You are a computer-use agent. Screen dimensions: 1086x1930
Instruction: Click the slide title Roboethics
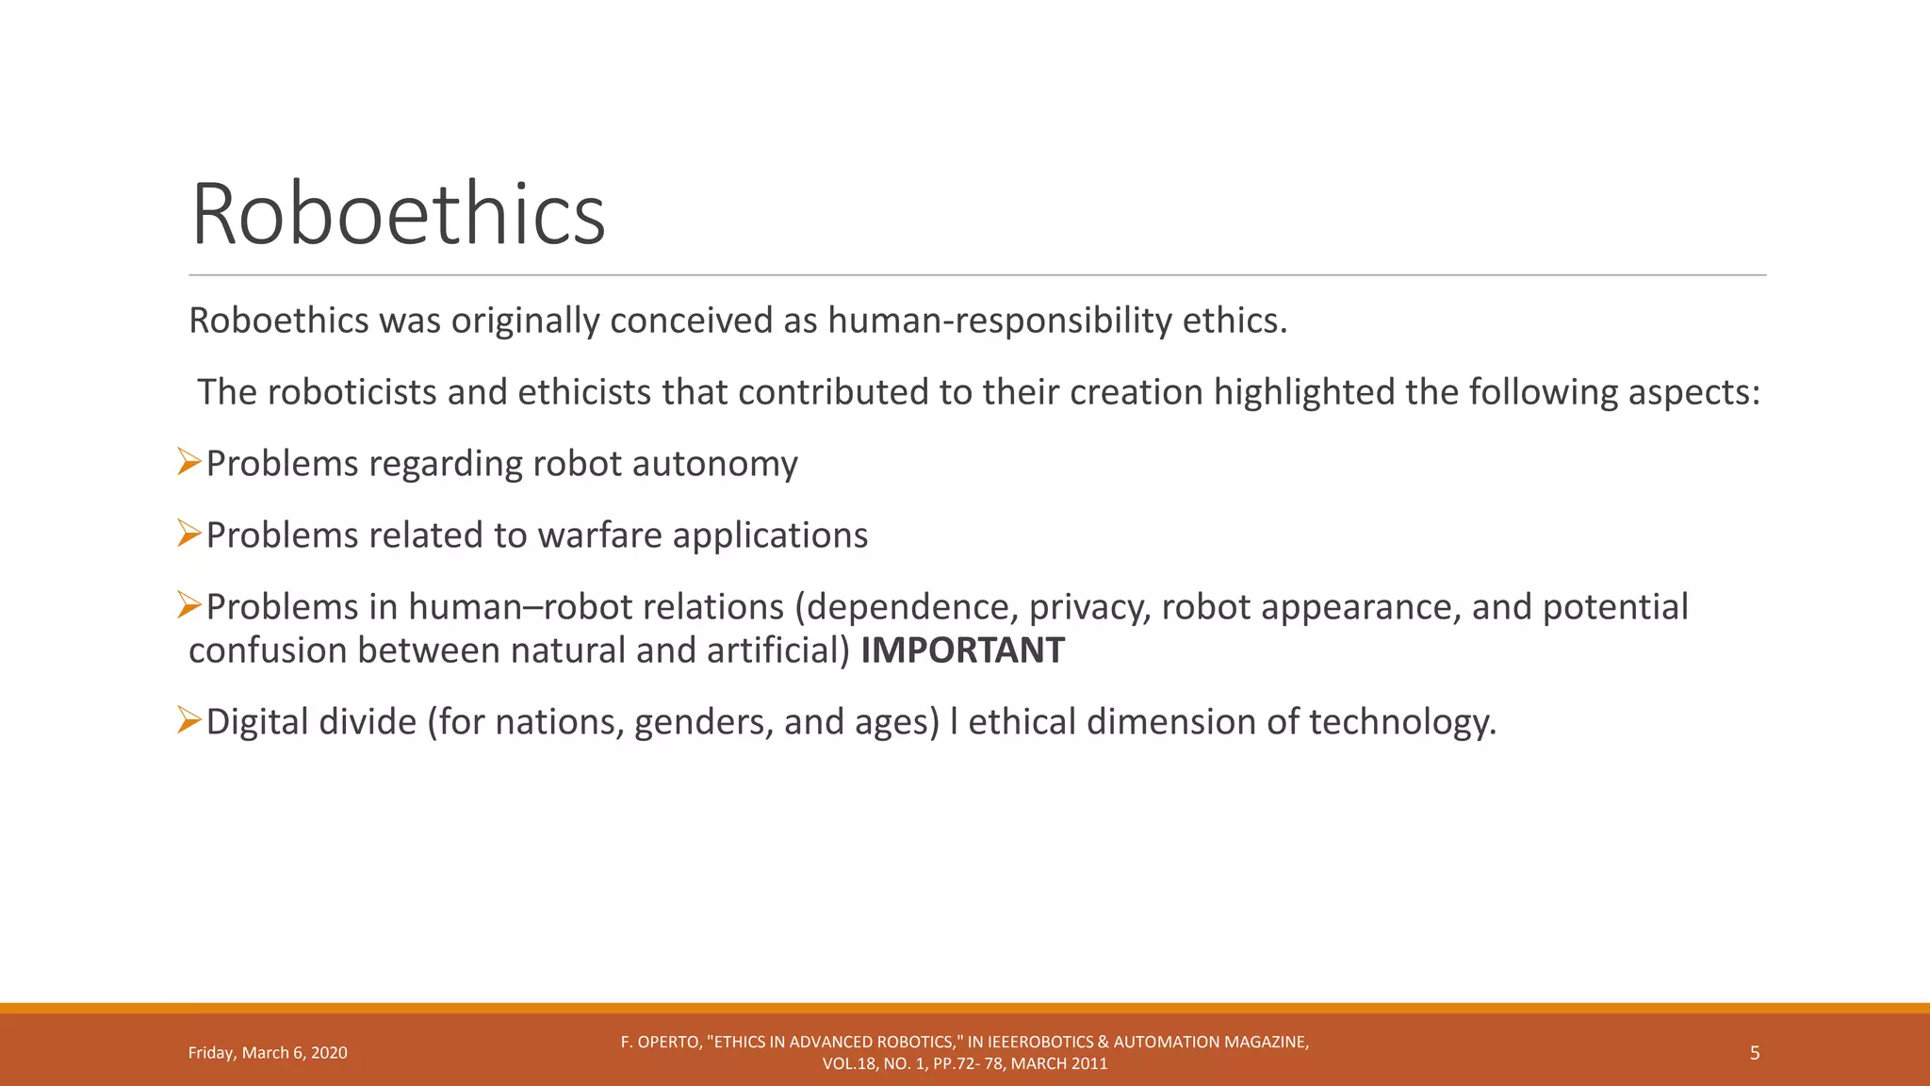398,215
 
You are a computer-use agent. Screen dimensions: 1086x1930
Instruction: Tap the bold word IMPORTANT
962,650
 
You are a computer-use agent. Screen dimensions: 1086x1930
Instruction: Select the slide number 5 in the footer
1755,1053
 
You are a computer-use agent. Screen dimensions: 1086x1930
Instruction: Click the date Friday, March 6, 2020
268,1053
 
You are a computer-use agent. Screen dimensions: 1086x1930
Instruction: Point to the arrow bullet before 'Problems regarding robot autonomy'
189,463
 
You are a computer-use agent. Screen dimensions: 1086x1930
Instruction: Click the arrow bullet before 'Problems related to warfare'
189,535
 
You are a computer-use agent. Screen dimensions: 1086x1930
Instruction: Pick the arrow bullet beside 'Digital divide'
189,721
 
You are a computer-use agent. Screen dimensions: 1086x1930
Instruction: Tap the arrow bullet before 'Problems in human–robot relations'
189,606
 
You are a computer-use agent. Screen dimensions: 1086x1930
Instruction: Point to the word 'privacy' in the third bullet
1089,607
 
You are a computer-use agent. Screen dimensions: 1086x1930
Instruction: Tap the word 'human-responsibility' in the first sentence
1000,321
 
